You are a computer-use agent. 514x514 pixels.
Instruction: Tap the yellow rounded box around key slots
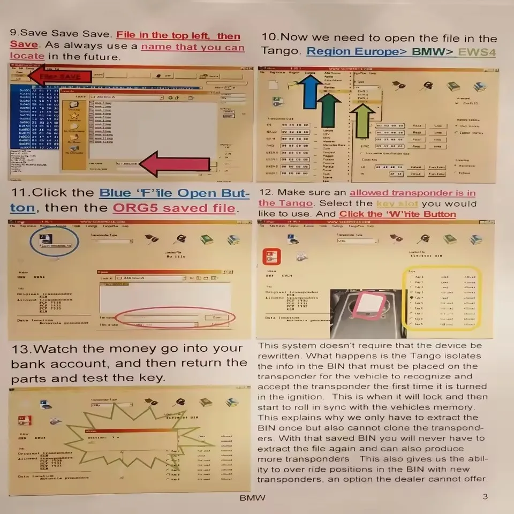pos(442,298)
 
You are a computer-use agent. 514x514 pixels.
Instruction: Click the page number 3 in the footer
pos(485,496)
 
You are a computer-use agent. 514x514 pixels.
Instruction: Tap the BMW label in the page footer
pos(252,497)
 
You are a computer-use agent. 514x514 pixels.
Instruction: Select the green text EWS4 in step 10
pos(477,52)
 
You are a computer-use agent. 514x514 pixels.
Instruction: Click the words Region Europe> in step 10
pos(357,52)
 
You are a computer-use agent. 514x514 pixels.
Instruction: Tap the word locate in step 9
pos(27,56)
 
